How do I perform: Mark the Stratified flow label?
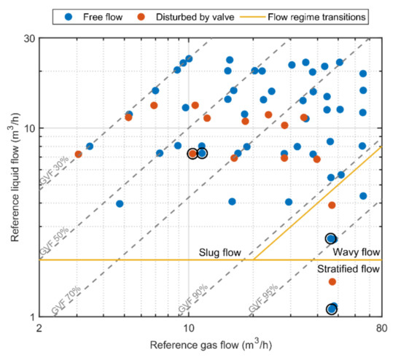pyautogui.click(x=349, y=269)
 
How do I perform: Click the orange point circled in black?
pyautogui.click(x=192, y=154)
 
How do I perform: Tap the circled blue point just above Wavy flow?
pyautogui.click(x=331, y=238)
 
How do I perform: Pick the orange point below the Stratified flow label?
pyautogui.click(x=332, y=281)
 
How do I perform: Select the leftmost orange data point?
pyautogui.click(x=78, y=154)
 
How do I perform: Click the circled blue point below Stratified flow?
pyautogui.click(x=332, y=309)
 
